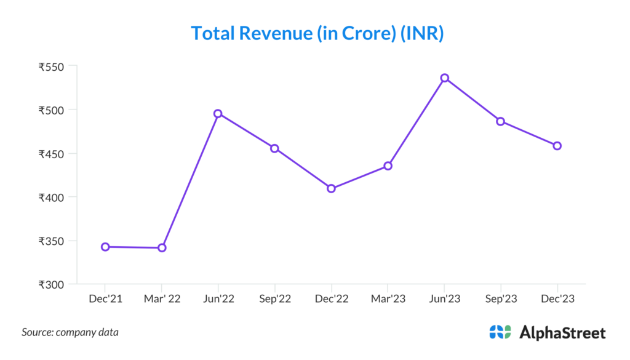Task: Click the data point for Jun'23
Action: (x=444, y=78)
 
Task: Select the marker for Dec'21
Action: (x=105, y=247)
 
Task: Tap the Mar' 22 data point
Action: (x=162, y=248)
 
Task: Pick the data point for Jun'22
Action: (x=218, y=114)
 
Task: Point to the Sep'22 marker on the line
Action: (x=274, y=148)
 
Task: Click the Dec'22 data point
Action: (x=331, y=188)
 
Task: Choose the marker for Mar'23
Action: (x=388, y=166)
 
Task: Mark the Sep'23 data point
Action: (x=501, y=121)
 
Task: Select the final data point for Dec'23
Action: (x=557, y=146)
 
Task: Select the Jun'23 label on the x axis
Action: (x=444, y=298)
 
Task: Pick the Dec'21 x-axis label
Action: (x=105, y=298)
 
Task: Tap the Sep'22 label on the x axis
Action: (x=274, y=298)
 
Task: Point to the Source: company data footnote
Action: (x=70, y=332)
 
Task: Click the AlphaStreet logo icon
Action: (x=500, y=332)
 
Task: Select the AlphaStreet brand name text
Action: (x=562, y=333)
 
